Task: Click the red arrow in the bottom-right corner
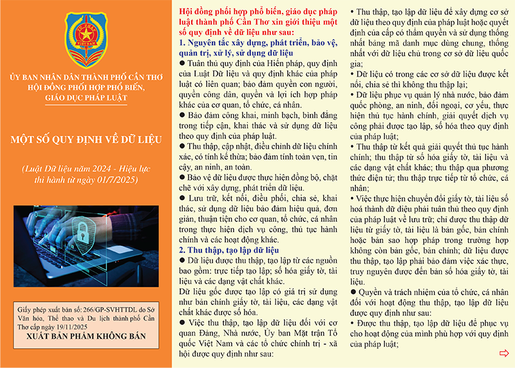[504, 353]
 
